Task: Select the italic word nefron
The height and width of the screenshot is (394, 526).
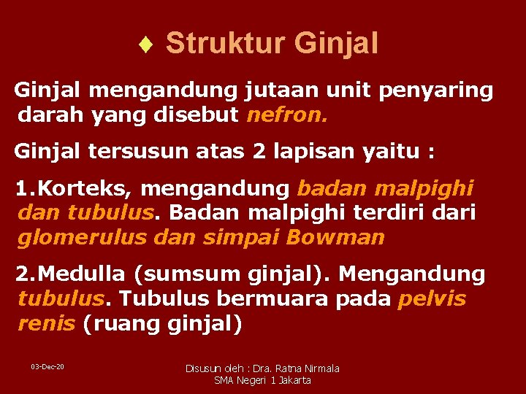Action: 289,115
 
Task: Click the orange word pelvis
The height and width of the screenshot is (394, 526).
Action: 432,299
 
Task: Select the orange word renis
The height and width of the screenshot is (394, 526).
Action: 46,323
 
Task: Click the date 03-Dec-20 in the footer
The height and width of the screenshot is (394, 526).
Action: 47,366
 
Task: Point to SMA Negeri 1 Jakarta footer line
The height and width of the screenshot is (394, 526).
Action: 262,380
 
